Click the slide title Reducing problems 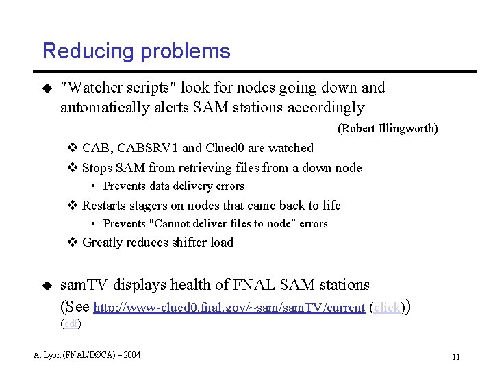(136, 51)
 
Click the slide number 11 (455, 357)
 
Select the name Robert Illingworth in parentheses (388, 128)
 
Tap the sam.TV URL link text (229, 308)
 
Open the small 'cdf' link (71, 323)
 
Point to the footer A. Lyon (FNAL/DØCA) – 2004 (87, 354)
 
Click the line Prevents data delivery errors (173, 186)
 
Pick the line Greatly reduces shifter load (157, 243)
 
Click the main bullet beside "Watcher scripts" (47, 88)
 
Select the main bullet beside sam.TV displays (47, 285)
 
